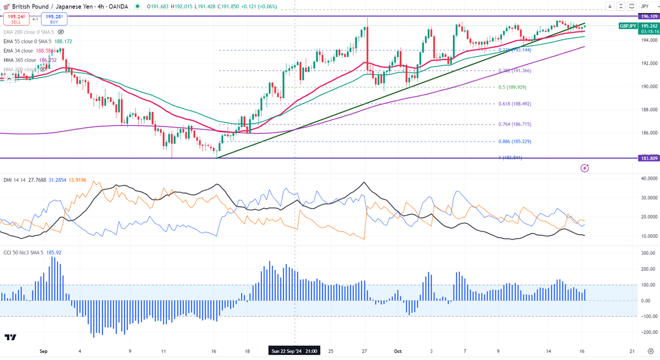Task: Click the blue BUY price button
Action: (54, 19)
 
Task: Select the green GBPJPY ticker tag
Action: (628, 26)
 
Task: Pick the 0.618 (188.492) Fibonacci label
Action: (515, 104)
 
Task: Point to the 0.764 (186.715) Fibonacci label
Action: (515, 124)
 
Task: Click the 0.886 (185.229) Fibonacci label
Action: (515, 142)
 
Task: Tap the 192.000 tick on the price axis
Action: (648, 63)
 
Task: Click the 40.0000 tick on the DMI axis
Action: (648, 179)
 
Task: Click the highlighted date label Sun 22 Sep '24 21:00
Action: (294, 351)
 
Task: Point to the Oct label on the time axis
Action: (397, 351)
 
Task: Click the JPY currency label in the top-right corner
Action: (645, 7)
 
